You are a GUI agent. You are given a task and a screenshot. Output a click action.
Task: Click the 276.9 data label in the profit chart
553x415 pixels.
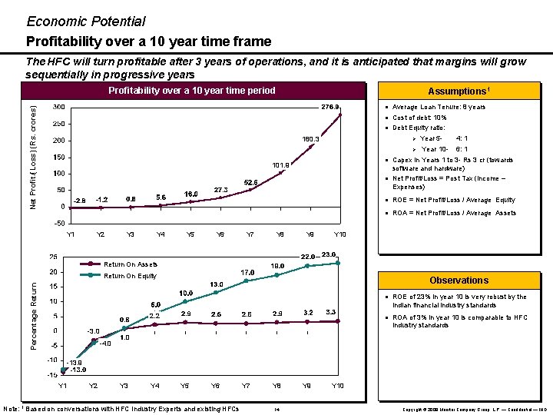(330, 107)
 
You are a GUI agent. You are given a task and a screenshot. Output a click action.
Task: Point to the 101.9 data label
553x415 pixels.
(280, 164)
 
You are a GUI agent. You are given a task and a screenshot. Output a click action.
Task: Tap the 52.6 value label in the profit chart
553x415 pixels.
(251, 182)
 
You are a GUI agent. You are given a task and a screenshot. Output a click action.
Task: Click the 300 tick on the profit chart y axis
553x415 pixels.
(58, 107)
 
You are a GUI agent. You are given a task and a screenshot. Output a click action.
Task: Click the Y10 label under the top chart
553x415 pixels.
(339, 234)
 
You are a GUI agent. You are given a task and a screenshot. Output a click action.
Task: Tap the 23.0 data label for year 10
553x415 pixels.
(329, 254)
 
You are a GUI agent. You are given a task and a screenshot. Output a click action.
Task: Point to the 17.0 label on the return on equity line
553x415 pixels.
(247, 272)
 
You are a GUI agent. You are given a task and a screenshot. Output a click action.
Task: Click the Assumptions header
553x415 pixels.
(459, 91)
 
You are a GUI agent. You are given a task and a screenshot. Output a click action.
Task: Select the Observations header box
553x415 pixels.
(459, 281)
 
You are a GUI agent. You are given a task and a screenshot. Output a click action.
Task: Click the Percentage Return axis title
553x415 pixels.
(35, 314)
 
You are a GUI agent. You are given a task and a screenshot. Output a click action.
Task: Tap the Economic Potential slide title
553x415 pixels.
(85, 22)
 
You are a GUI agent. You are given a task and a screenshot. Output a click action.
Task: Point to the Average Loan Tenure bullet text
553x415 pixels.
(439, 107)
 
